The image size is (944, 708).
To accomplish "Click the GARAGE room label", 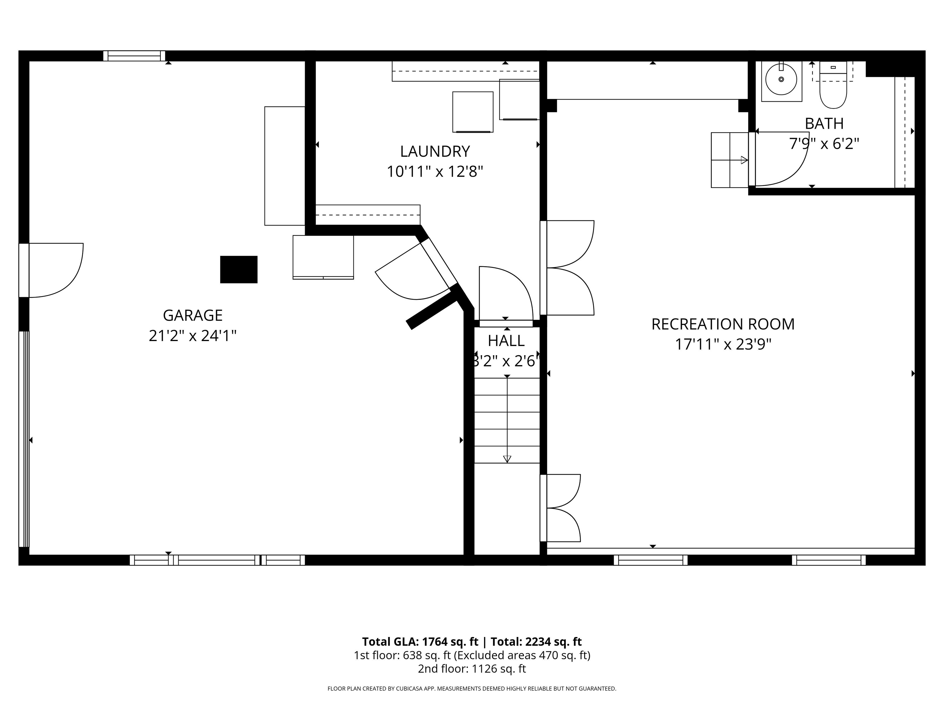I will [x=192, y=315].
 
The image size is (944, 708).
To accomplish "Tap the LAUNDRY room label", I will [x=435, y=151].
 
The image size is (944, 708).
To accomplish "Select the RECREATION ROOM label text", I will [x=722, y=324].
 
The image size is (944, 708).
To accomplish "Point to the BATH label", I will [x=824, y=124].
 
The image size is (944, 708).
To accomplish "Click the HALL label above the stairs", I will [x=506, y=340].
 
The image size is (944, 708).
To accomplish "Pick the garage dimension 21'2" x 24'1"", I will [x=192, y=336].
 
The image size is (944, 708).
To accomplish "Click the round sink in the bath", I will [x=781, y=79].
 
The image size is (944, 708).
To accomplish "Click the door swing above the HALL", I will [x=510, y=290].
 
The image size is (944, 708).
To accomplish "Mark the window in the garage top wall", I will [x=134, y=56].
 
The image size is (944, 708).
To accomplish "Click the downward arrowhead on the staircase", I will [x=507, y=459].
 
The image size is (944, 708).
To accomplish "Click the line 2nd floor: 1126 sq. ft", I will [x=472, y=669].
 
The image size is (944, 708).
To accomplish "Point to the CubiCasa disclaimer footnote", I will [x=472, y=688].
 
